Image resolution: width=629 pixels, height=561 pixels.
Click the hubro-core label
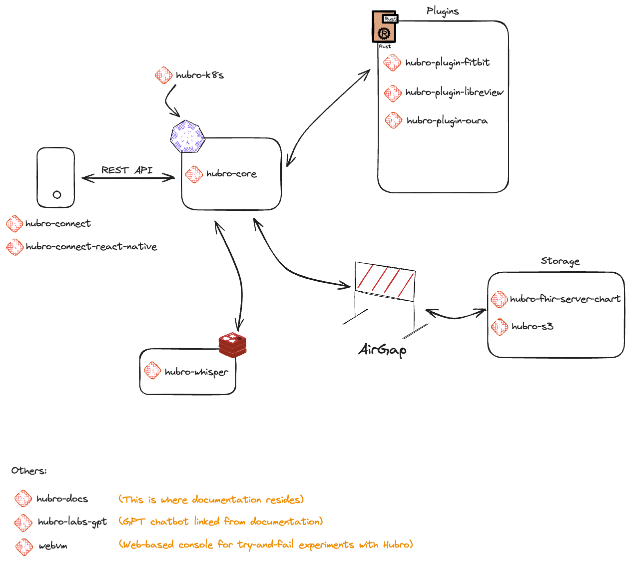click(231, 174)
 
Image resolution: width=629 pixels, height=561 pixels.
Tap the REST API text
click(127, 170)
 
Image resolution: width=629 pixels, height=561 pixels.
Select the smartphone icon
click(55, 177)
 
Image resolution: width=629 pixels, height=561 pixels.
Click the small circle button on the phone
click(57, 195)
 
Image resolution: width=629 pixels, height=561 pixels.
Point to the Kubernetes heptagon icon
click(187, 136)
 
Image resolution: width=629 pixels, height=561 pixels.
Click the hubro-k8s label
click(199, 75)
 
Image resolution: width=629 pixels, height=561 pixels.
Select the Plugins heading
click(443, 11)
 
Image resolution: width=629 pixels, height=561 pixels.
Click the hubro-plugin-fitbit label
click(447, 63)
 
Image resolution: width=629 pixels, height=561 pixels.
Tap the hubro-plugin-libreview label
click(454, 92)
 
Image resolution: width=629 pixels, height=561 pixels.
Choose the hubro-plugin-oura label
click(447, 121)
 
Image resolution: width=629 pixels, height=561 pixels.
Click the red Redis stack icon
click(232, 344)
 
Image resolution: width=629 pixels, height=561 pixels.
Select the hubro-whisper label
click(196, 372)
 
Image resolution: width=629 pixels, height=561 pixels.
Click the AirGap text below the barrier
click(382, 350)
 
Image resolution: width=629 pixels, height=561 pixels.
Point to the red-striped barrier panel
click(384, 282)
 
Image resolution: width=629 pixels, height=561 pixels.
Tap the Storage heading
click(560, 261)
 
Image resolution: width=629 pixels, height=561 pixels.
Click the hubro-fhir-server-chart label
click(565, 299)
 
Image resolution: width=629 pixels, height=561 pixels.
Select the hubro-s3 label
click(532, 327)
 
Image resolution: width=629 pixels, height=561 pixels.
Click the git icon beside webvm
click(24, 547)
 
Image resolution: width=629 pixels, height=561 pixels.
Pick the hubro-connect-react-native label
click(91, 247)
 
